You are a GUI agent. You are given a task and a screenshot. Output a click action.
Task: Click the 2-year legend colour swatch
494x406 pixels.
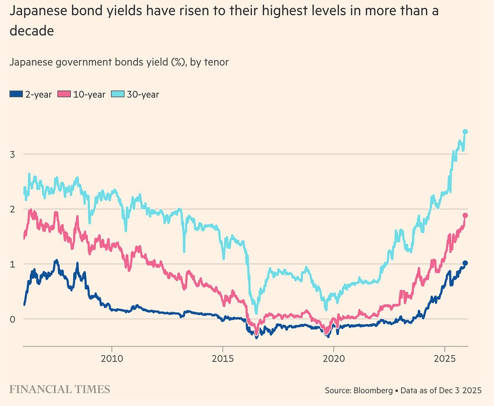(15, 94)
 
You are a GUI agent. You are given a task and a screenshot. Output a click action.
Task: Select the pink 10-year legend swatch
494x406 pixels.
(65, 94)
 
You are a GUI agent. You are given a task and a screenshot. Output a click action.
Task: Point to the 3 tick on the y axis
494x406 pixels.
(13, 154)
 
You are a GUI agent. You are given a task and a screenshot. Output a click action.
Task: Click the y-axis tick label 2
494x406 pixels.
(13, 209)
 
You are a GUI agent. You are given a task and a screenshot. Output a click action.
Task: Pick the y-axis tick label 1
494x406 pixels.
(13, 264)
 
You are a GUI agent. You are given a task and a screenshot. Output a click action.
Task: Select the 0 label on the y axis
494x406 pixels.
(13, 319)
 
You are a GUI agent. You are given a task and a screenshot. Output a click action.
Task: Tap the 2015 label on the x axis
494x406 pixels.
(222, 359)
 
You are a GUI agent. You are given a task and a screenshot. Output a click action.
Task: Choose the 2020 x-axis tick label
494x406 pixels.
(334, 359)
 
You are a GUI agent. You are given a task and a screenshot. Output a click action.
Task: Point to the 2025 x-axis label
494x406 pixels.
(445, 359)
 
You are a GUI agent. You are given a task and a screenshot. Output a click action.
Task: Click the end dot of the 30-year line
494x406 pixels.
(465, 132)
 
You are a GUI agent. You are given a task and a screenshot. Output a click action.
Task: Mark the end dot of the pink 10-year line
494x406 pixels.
(465, 215)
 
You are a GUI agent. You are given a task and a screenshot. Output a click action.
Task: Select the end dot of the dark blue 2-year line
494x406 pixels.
(465, 263)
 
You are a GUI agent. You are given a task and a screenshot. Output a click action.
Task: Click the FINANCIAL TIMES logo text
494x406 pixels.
(59, 389)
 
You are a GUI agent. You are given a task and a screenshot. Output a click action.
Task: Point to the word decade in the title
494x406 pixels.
(31, 31)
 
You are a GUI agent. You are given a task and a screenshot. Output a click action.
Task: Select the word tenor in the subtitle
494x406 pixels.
(216, 62)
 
